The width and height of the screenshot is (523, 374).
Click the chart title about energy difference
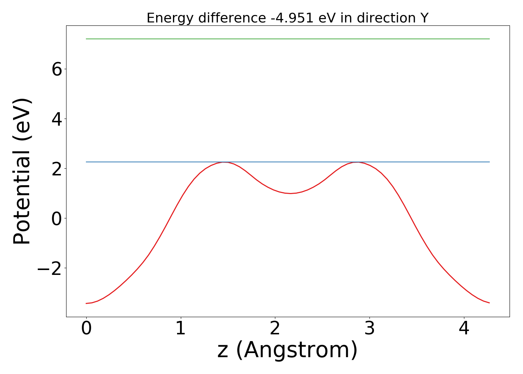click(x=287, y=18)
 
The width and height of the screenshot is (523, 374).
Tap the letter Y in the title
click(x=424, y=18)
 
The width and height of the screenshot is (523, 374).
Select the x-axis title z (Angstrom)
click(x=287, y=350)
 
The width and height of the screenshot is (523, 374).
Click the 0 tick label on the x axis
click(x=86, y=329)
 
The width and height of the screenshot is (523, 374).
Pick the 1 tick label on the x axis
click(x=181, y=329)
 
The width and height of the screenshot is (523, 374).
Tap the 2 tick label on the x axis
click(x=275, y=329)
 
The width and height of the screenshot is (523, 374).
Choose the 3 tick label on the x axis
click(x=369, y=329)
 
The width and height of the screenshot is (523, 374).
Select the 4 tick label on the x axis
click(x=464, y=329)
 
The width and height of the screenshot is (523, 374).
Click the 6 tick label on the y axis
click(x=57, y=69)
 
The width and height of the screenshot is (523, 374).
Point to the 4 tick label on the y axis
click(x=57, y=119)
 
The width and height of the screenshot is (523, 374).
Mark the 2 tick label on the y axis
click(x=57, y=169)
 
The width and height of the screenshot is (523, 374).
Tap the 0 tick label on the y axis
click(x=57, y=218)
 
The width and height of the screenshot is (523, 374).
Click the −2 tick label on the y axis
click(x=50, y=268)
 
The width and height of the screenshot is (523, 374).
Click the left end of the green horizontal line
click(x=87, y=39)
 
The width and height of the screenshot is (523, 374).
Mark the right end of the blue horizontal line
click(x=489, y=162)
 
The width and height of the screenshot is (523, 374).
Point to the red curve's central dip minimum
click(x=290, y=193)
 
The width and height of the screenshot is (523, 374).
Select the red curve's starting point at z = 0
click(x=87, y=303)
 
